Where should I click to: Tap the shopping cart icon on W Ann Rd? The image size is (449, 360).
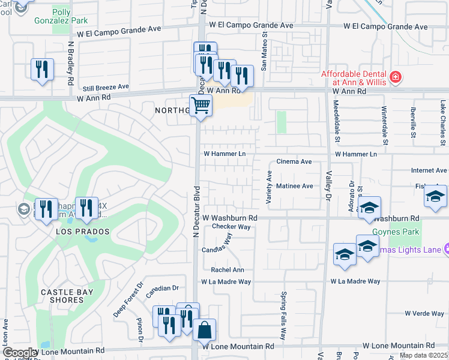point(201,106)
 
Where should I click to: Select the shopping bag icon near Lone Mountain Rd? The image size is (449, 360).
point(204,329)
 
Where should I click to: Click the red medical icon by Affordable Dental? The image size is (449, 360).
point(395,76)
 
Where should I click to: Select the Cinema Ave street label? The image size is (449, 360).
point(294,162)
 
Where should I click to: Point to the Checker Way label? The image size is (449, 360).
point(231,227)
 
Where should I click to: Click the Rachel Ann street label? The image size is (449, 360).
point(228,270)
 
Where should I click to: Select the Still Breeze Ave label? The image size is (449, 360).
point(106,87)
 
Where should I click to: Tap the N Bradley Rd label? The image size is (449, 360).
point(70,64)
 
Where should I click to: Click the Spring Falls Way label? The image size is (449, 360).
point(283,316)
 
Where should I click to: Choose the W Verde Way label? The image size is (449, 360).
point(424,313)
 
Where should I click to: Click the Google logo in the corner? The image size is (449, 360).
point(19,353)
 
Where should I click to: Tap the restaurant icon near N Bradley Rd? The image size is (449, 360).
point(42,70)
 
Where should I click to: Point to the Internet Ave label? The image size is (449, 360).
point(429,171)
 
